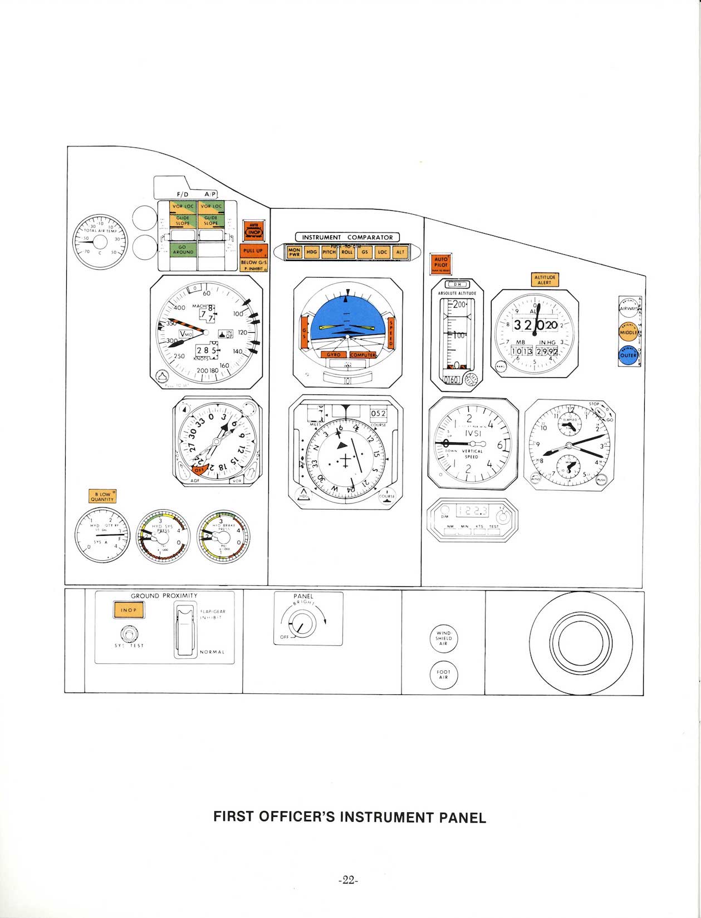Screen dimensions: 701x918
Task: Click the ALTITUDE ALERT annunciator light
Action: pos(544,279)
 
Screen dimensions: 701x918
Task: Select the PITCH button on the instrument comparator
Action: pos(329,252)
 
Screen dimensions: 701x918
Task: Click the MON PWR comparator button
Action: pos(294,252)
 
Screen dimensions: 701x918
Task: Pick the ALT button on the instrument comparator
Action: pos(400,252)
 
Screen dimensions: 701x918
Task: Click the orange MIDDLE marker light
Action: pos(629,332)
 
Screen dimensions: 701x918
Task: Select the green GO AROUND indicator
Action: pos(183,250)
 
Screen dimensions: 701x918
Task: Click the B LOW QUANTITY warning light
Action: pos(102,496)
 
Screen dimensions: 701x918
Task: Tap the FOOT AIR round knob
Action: pos(443,675)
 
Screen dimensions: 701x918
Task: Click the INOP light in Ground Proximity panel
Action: pos(128,610)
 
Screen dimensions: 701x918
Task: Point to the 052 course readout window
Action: pos(378,413)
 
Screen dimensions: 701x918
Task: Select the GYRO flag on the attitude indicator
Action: pos(334,354)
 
